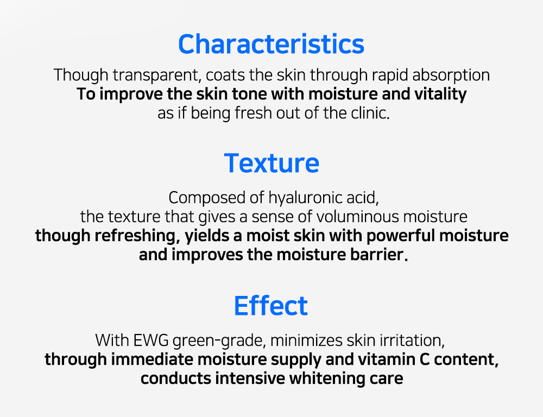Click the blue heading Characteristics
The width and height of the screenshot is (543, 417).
(x=271, y=44)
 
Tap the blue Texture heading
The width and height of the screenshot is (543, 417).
(x=271, y=163)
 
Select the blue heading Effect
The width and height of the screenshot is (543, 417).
(x=271, y=306)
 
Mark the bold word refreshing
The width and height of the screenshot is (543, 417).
(x=135, y=236)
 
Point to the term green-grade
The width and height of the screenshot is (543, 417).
(x=219, y=341)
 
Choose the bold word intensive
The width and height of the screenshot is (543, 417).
(x=250, y=378)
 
